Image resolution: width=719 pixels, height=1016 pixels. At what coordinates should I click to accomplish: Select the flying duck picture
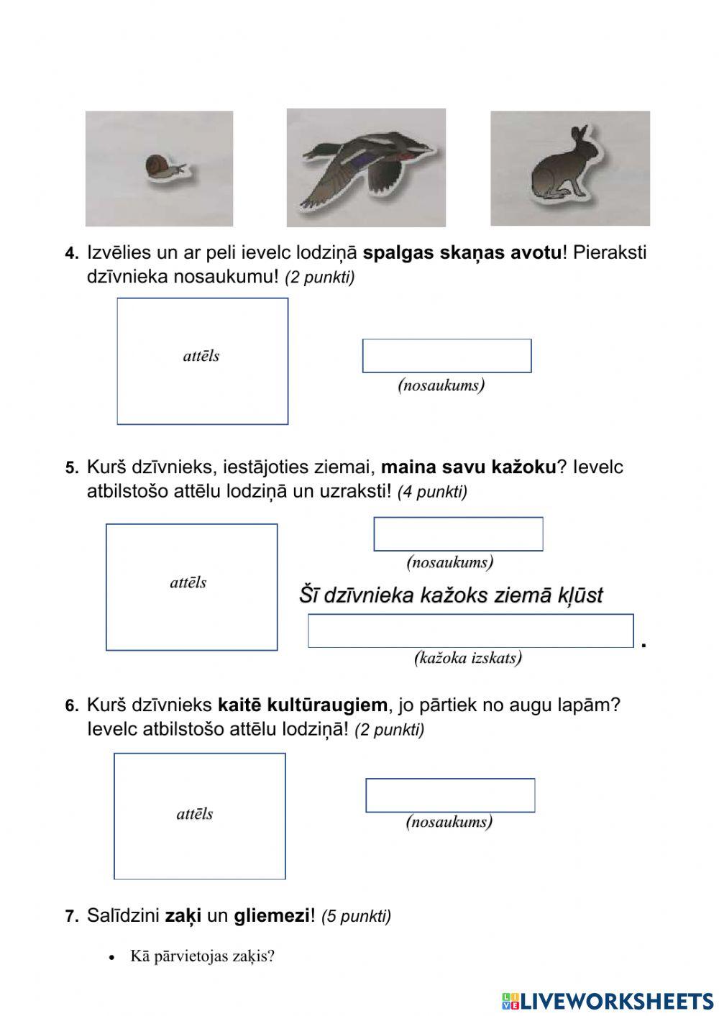(367, 167)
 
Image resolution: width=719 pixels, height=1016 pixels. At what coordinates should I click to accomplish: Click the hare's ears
(578, 135)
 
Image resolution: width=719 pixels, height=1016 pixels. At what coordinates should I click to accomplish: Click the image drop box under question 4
(202, 361)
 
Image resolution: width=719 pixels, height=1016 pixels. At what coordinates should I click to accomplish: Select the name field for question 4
(446, 356)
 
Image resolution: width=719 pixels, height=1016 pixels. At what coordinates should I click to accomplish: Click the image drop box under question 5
(191, 587)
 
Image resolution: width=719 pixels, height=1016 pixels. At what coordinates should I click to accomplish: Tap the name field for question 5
(458, 534)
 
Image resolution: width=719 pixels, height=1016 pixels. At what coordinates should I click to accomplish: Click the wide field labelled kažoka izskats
(470, 631)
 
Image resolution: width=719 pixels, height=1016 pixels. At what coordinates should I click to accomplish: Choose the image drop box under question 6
(199, 816)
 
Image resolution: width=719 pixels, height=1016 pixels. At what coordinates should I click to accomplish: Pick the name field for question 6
(450, 795)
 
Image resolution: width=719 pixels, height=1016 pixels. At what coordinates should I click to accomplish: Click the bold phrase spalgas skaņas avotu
(462, 253)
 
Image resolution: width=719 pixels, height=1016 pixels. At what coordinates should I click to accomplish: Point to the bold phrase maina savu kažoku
(468, 467)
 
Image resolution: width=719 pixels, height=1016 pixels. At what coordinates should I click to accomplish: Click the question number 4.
(71, 254)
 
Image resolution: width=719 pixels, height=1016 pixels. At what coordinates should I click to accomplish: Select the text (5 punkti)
(356, 917)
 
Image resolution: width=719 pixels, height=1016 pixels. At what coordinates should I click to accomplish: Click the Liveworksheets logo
(607, 1000)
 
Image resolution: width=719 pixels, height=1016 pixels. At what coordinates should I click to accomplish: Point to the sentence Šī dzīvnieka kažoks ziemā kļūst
(451, 595)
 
